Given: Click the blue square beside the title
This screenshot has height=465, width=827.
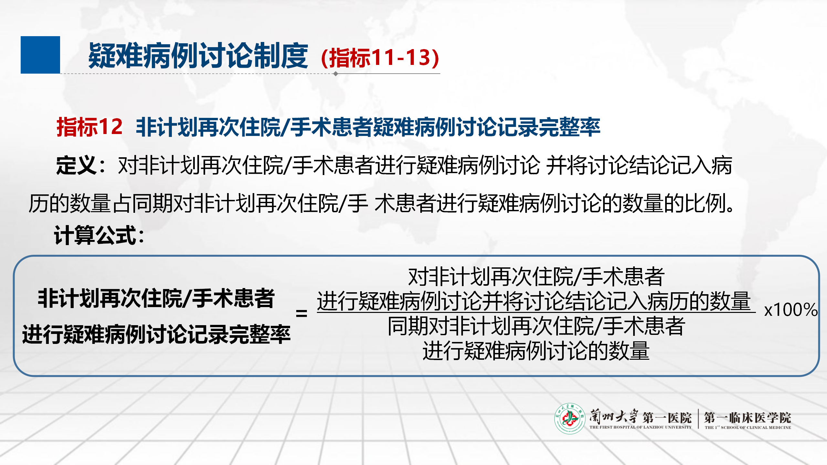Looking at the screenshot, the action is pyautogui.click(x=40, y=55).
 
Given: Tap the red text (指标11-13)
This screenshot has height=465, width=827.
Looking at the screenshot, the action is pyautogui.click(x=380, y=58).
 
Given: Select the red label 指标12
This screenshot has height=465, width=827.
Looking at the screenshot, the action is pyautogui.click(x=89, y=127).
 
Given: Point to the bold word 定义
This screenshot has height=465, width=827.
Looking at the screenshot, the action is pyautogui.click(x=77, y=165).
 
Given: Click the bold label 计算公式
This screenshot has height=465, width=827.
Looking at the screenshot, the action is pyautogui.click(x=96, y=235).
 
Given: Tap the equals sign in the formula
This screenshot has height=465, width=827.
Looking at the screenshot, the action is pyautogui.click(x=301, y=313).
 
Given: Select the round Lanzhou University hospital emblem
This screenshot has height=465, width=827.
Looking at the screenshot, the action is pyautogui.click(x=570, y=418).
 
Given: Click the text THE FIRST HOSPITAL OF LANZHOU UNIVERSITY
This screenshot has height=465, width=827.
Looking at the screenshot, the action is pyautogui.click(x=641, y=427).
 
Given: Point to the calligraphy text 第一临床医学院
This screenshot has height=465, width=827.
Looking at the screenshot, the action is pyautogui.click(x=748, y=418).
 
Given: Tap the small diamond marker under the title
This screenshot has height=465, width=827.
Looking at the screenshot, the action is pyautogui.click(x=336, y=74).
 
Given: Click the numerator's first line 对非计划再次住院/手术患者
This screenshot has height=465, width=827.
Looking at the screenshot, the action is pyautogui.click(x=536, y=277).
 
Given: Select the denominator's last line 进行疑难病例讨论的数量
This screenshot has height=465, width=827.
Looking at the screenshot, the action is pyautogui.click(x=536, y=351).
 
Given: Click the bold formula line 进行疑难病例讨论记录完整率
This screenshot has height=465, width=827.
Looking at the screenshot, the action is pyautogui.click(x=156, y=334).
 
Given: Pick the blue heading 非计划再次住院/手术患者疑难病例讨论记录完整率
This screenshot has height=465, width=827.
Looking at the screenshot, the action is pyautogui.click(x=368, y=127).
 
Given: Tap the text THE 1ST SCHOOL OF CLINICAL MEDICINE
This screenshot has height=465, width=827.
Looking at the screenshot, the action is pyautogui.click(x=748, y=427).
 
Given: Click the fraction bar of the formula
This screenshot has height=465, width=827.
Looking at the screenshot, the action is pyautogui.click(x=536, y=312).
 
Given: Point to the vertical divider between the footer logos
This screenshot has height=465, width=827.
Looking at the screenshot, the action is pyautogui.click(x=698, y=419).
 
